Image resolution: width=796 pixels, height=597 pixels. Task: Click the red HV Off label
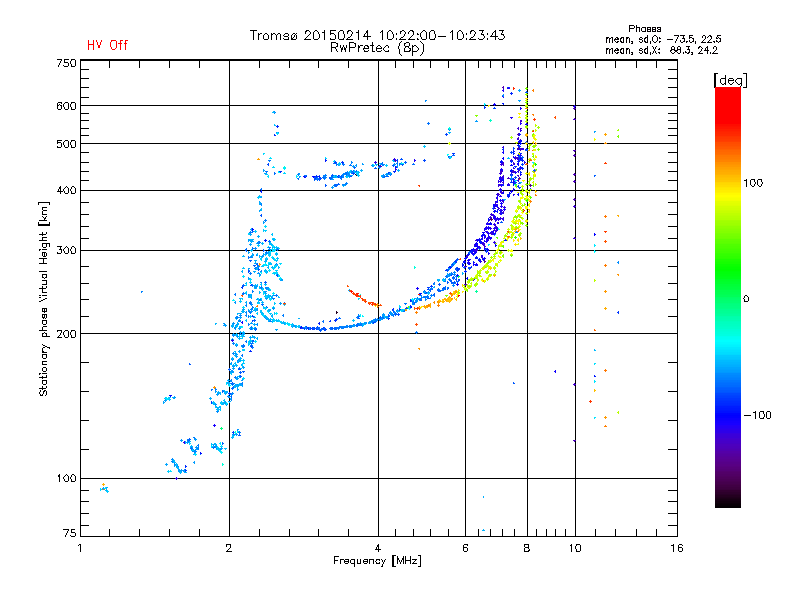tap(107, 45)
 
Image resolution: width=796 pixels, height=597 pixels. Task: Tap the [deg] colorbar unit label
tap(730, 79)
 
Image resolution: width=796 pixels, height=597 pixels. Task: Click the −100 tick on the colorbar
tap(756, 414)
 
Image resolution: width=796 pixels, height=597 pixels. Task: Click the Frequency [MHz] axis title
tap(377, 561)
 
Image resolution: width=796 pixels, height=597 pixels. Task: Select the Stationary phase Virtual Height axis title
tap(44, 298)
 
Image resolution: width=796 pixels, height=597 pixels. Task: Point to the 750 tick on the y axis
tap(66, 62)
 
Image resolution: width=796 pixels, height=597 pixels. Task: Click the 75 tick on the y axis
tap(69, 532)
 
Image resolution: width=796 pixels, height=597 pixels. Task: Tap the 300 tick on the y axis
tap(66, 250)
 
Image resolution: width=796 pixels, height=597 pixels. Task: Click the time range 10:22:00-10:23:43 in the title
tap(442, 35)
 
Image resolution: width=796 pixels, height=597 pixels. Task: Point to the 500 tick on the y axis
tap(66, 144)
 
